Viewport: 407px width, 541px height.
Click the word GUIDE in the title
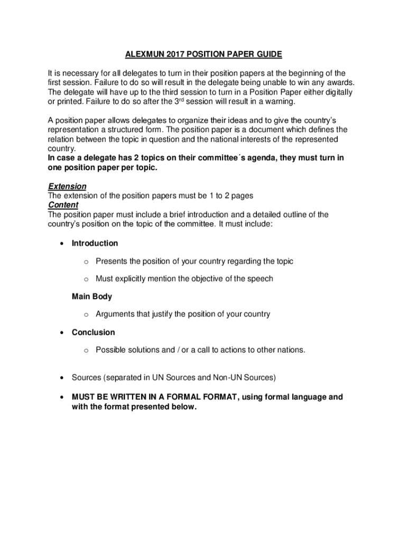pyautogui.click(x=267, y=54)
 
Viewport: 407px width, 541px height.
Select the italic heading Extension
pyautogui.click(x=67, y=186)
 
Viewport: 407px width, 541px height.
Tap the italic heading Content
pyautogui.click(x=63, y=205)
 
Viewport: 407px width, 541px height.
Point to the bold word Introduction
pyautogui.click(x=95, y=243)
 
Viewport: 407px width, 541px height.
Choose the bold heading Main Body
pyautogui.click(x=91, y=296)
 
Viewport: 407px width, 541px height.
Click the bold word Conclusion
pyautogui.click(x=93, y=332)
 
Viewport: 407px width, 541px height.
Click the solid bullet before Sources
pyautogui.click(x=62, y=378)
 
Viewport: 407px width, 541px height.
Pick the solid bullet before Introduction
pyautogui.click(x=62, y=244)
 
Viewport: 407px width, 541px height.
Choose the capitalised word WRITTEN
pyautogui.click(x=129, y=397)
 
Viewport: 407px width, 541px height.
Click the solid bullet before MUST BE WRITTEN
pyautogui.click(x=62, y=397)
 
